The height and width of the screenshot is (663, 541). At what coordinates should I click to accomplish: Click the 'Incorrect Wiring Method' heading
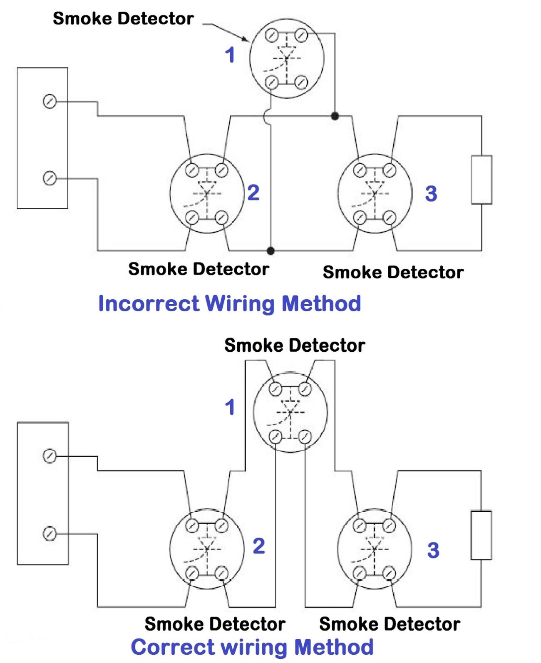pyautogui.click(x=229, y=303)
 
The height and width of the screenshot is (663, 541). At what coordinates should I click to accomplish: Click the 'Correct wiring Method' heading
pyautogui.click(x=252, y=647)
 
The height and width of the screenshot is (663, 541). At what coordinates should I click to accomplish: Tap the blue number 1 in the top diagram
pyautogui.click(x=230, y=55)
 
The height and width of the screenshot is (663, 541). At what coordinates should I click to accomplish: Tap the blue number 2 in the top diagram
pyautogui.click(x=253, y=193)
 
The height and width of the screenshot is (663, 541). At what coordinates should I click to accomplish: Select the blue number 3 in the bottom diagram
pyautogui.click(x=433, y=550)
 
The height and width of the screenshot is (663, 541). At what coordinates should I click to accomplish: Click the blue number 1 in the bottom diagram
pyautogui.click(x=230, y=407)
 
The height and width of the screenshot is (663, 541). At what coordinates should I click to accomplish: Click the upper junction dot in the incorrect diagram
pyautogui.click(x=335, y=116)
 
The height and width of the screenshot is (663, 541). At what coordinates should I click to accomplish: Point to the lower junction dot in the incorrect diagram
pyautogui.click(x=270, y=250)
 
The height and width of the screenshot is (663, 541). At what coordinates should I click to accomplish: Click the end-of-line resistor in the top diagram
pyautogui.click(x=481, y=180)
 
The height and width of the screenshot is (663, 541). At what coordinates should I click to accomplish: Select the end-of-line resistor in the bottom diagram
pyautogui.click(x=481, y=535)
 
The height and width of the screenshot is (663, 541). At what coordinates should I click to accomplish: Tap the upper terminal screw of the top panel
pyautogui.click(x=50, y=101)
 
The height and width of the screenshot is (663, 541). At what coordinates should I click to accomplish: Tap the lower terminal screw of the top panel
pyautogui.click(x=50, y=178)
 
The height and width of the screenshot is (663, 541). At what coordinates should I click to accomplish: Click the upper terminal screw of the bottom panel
pyautogui.click(x=50, y=456)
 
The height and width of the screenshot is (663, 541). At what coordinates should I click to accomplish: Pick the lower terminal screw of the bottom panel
pyautogui.click(x=50, y=533)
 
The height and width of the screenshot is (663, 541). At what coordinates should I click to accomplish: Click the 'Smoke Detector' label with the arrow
pyautogui.click(x=123, y=19)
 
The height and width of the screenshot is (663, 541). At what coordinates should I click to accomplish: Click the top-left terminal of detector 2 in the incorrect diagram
pyautogui.click(x=192, y=170)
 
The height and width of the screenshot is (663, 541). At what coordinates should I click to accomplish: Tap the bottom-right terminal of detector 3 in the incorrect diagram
pyautogui.click(x=390, y=217)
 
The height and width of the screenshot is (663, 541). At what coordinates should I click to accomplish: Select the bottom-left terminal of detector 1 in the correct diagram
pyautogui.click(x=275, y=437)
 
